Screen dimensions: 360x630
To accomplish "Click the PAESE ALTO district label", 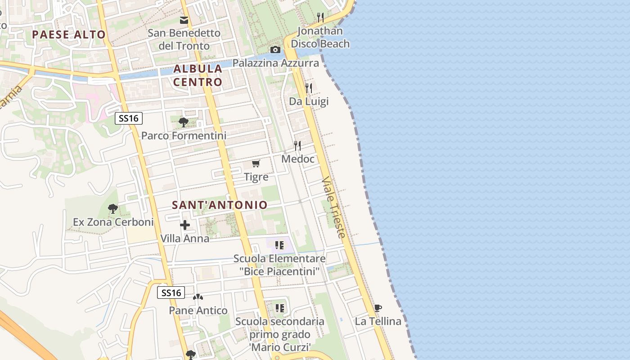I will click(69, 35).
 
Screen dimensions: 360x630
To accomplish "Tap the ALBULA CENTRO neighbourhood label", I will click(198, 75).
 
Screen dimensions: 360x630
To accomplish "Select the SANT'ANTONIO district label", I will click(220, 205).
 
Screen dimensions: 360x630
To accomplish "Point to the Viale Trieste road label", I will click(334, 207).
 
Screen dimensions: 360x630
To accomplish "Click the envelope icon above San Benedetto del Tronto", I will click(184, 20).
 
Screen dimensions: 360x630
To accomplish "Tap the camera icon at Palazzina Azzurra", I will click(275, 49).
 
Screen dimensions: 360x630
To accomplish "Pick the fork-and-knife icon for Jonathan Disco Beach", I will click(320, 18).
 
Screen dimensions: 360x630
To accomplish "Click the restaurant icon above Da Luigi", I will click(309, 88).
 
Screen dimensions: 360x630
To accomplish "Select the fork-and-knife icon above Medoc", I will click(297, 145).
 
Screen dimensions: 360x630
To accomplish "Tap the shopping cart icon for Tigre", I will click(256, 163).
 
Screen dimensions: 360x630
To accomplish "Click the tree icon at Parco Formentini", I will click(183, 122).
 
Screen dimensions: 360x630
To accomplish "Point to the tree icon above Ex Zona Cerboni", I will click(113, 209).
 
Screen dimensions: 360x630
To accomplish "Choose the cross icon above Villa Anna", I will click(185, 225).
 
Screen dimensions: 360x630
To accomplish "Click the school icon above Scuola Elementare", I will click(279, 245).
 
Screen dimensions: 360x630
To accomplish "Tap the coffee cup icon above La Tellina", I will click(378, 308).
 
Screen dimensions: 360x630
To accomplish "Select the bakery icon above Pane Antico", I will click(198, 297).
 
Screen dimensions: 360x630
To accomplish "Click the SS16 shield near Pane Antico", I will click(171, 293).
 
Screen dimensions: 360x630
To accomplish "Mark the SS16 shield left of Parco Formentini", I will click(129, 118).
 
